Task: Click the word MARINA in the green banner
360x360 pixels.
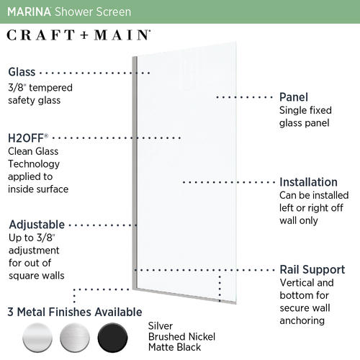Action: coord(29,12)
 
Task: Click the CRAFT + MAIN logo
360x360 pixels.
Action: coord(78,35)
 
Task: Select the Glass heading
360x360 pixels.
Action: coord(22,72)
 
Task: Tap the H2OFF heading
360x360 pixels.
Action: coord(28,138)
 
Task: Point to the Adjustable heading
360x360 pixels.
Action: coord(37,225)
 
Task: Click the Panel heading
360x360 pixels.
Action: coord(294,97)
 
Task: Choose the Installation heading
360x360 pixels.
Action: coord(308,182)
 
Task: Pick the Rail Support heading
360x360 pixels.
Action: coord(312,269)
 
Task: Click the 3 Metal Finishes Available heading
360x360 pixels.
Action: coord(75,312)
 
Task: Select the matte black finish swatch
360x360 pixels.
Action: coord(112,338)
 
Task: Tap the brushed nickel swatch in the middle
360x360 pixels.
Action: coord(75,338)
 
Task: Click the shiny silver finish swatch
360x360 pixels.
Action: coord(37,338)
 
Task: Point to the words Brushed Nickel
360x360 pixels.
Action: coord(181,337)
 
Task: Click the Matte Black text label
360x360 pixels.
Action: coord(174,347)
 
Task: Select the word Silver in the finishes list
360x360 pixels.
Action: coord(161,326)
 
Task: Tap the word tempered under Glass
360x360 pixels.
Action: coord(50,88)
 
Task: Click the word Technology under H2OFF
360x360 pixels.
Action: coord(34,164)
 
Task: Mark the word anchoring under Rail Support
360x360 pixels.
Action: coord(302,320)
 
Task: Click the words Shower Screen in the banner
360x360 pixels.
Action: coord(93,12)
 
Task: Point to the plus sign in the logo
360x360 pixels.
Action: coord(84,35)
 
